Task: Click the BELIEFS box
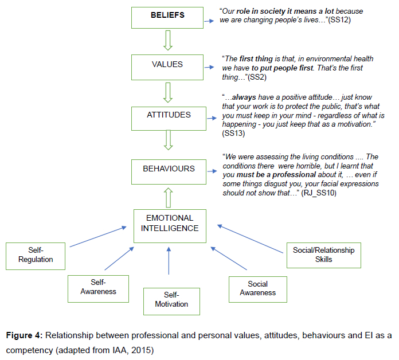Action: tap(167, 16)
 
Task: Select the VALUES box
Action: tap(167, 66)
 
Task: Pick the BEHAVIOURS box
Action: tap(169, 170)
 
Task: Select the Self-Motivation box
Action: tap(171, 300)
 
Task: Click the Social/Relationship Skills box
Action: tap(323, 255)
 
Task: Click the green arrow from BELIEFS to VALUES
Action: tap(168, 41)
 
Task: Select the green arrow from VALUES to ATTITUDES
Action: tap(168, 92)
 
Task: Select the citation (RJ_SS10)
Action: tap(318, 194)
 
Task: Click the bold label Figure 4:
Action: tap(26, 335)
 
